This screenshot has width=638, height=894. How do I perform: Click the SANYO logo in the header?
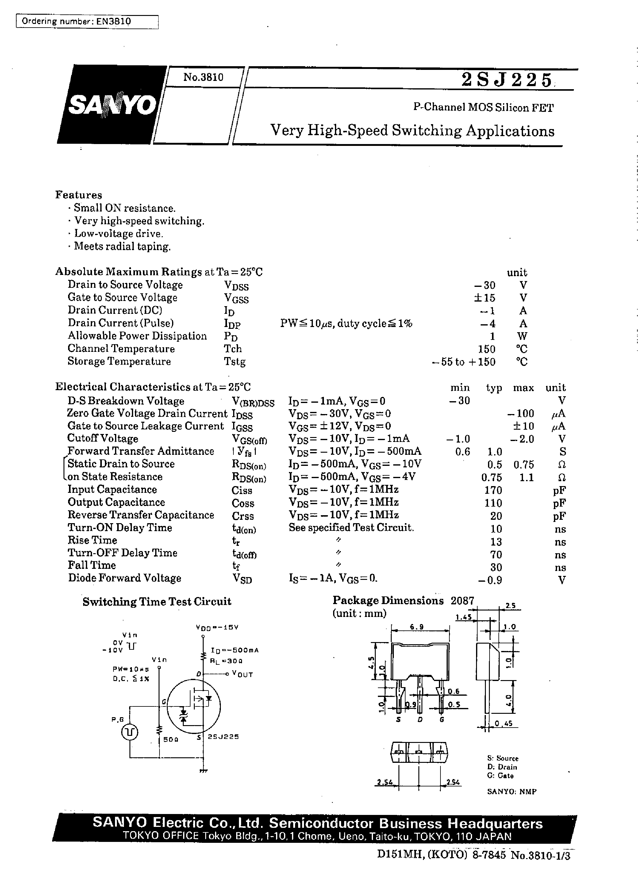tap(112, 105)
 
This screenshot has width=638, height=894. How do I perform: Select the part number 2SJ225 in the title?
tap(506, 80)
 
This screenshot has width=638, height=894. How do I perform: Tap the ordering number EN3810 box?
tap(87, 21)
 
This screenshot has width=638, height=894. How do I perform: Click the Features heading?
tap(79, 195)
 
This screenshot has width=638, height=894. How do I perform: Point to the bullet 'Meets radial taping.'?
tap(122, 246)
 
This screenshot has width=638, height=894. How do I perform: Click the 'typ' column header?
tap(494, 388)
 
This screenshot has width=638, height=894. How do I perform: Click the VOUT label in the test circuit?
tap(242, 675)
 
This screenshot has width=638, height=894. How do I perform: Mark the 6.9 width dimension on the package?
tap(417, 627)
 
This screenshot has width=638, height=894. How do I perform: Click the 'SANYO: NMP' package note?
tap(512, 792)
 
